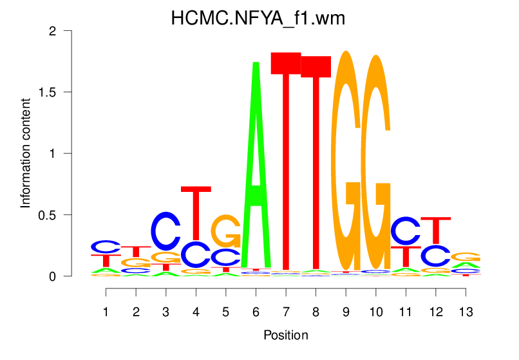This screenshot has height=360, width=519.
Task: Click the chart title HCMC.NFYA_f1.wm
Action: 258,19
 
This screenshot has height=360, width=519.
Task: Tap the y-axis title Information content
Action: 26,153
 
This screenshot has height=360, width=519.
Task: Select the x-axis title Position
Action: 285,335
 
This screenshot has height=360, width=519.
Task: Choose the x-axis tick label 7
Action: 285,312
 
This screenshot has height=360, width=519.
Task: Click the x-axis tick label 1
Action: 106,312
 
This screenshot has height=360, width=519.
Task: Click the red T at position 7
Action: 285,161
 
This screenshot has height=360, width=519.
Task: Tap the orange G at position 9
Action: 346,161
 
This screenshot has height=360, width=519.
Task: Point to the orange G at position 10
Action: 375,161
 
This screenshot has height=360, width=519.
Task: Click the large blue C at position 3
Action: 166,231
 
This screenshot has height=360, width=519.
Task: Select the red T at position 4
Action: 196,213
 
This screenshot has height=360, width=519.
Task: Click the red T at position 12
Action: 436,231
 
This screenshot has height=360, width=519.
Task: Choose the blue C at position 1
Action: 106,247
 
